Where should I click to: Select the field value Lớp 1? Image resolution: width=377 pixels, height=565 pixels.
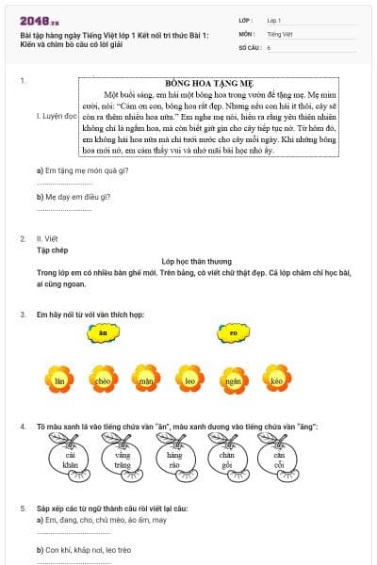[274, 19]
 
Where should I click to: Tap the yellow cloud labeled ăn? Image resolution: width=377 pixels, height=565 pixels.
[103, 332]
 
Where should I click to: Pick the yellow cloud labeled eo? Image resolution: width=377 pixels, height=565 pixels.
[233, 332]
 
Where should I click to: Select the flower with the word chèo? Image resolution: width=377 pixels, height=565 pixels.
[104, 380]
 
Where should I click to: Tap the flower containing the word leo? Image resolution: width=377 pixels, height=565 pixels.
[189, 380]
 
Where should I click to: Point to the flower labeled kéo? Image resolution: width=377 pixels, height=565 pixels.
[275, 380]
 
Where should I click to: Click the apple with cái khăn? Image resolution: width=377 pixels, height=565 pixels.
[71, 461]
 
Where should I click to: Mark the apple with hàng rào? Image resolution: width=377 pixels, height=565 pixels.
[174, 461]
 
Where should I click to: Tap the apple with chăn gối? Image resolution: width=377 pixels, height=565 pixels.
[226, 461]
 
